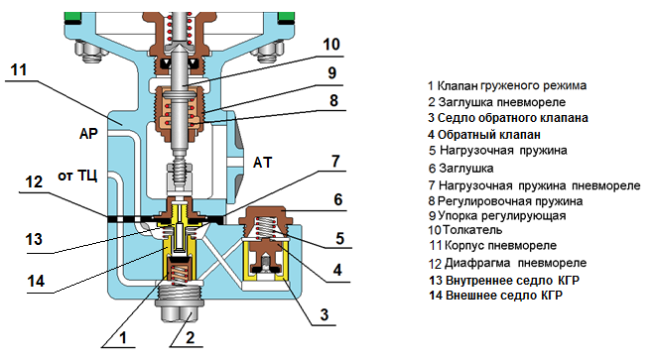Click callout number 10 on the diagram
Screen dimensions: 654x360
(x=331, y=45)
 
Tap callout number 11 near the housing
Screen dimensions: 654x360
(x=19, y=70)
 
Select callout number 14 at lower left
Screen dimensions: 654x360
(x=36, y=281)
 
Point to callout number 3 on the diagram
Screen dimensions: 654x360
(x=325, y=314)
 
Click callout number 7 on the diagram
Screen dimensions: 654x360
(x=335, y=162)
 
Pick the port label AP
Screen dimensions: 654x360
(x=88, y=134)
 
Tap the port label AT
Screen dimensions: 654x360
(x=262, y=162)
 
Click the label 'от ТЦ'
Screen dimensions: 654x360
(x=77, y=177)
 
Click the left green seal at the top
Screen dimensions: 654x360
(x=72, y=17)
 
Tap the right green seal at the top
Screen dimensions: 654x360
(x=287, y=17)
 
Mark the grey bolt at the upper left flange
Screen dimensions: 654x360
(x=89, y=53)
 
